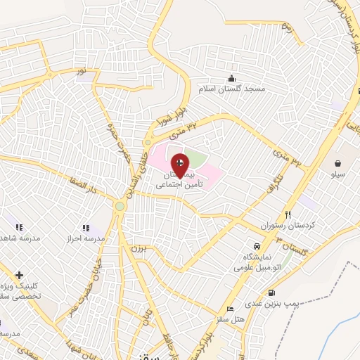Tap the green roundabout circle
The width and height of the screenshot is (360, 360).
click(120, 206)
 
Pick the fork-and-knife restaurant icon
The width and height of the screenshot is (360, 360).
click(287, 214)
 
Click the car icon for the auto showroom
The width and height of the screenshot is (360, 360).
click(258, 247)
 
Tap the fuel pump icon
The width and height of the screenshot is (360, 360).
click(271, 293)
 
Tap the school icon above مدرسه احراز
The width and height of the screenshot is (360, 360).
click(86, 228)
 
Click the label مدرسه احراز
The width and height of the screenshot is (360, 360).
click(86, 239)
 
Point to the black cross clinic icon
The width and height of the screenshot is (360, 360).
click(18, 274)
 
